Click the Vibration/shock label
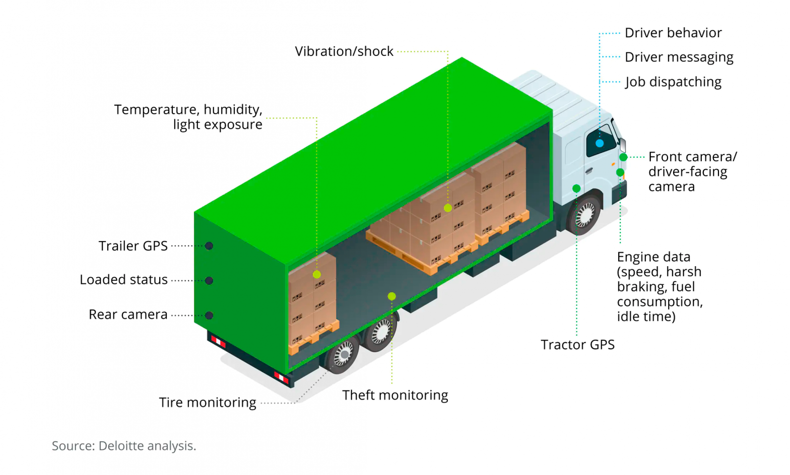(x=344, y=51)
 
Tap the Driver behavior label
(x=673, y=33)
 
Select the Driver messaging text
(x=679, y=57)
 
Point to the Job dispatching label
(x=673, y=82)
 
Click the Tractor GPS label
(x=577, y=345)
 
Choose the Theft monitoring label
(x=395, y=395)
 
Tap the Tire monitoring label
(x=208, y=403)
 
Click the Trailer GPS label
(x=133, y=246)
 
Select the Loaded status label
(x=123, y=280)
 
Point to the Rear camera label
(x=128, y=314)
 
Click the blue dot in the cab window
(x=600, y=143)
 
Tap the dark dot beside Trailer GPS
(x=209, y=246)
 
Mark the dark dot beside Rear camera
(x=209, y=315)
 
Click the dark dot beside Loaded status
(x=209, y=281)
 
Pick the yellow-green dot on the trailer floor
(x=392, y=296)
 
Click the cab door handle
(x=588, y=171)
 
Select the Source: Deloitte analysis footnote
(x=124, y=446)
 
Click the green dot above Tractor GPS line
(x=576, y=188)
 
